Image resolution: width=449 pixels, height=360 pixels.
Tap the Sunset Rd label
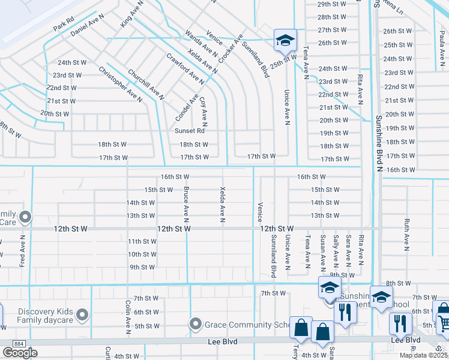190,131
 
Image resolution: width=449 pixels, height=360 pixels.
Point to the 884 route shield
11,343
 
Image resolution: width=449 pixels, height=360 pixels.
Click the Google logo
20,352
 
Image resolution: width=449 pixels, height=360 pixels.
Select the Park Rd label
63,25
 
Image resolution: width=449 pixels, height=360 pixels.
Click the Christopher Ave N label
121,84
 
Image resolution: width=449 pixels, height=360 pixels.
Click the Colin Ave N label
128,317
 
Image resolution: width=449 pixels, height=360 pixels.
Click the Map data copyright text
424,355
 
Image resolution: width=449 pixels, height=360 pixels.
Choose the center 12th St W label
174,229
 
